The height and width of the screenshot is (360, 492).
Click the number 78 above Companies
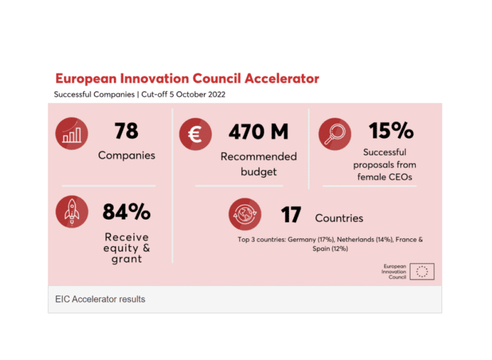tap(126, 131)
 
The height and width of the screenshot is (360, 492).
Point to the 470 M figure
tap(258, 132)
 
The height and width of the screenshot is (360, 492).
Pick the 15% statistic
tap(391, 131)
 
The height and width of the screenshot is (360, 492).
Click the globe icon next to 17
tap(245, 215)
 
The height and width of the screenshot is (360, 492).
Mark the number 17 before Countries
tap(290, 215)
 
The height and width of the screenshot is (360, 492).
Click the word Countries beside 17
tap(339, 218)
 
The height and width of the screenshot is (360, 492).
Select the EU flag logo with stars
tap(422, 272)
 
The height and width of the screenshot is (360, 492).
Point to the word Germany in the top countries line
tap(300, 240)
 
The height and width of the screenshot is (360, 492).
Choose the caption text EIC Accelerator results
tap(100, 299)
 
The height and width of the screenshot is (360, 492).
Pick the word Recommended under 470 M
tap(259, 156)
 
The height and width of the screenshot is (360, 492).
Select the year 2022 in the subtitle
tap(213, 95)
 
